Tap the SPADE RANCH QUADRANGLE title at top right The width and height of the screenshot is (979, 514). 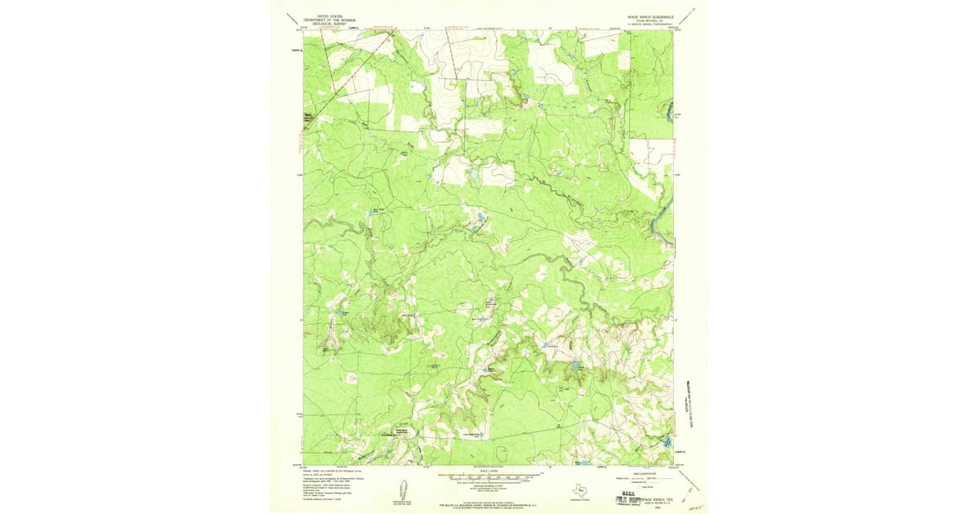[649, 16]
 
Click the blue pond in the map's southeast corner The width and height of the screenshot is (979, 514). [667, 441]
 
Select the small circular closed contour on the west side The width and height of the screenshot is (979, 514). [352, 378]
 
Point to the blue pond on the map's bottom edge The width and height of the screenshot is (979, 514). [584, 463]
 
